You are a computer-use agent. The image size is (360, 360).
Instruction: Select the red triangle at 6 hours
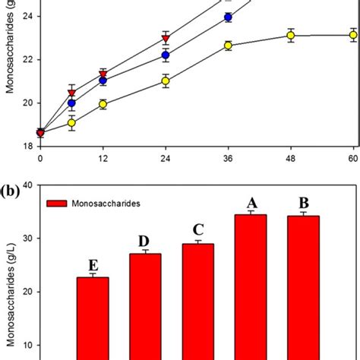[72, 93]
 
